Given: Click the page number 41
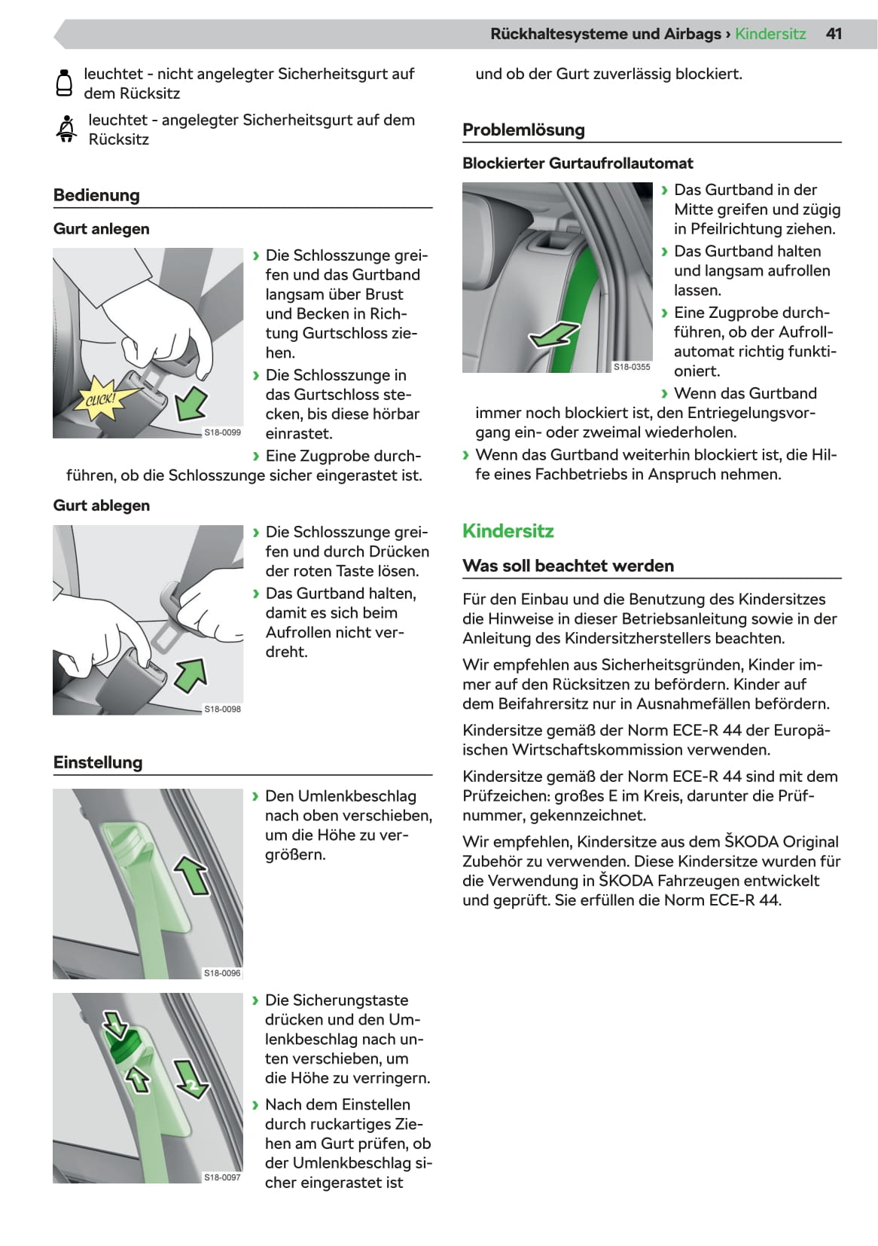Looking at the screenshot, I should pyautogui.click(x=834, y=34).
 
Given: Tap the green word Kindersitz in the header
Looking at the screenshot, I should pyautogui.click(x=770, y=34).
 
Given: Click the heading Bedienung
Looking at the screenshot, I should pyautogui.click(x=96, y=195).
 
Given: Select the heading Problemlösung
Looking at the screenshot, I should pyautogui.click(x=523, y=130).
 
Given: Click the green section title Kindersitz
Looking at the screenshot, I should pyautogui.click(x=508, y=531).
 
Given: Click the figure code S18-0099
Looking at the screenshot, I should pyautogui.click(x=222, y=432).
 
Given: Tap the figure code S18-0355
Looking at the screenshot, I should pyautogui.click(x=631, y=367).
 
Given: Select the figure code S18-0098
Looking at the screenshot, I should pyautogui.click(x=222, y=709).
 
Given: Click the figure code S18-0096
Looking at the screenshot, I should pyautogui.click(x=222, y=973).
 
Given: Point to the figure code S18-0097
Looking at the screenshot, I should pyautogui.click(x=222, y=1177).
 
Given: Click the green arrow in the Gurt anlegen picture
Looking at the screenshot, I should pyautogui.click(x=191, y=403).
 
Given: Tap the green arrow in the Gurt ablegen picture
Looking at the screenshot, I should pyautogui.click(x=191, y=674).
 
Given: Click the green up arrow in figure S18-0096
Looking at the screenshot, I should pyautogui.click(x=192, y=874).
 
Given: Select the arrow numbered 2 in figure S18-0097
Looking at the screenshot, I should pyautogui.click(x=191, y=1079).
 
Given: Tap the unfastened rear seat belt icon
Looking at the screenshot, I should pyautogui.click(x=65, y=83).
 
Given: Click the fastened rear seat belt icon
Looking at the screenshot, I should pyautogui.click(x=66, y=129).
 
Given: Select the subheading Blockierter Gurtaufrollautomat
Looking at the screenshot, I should pyautogui.click(x=578, y=163).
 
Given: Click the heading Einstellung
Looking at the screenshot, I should pyautogui.click(x=98, y=762).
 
